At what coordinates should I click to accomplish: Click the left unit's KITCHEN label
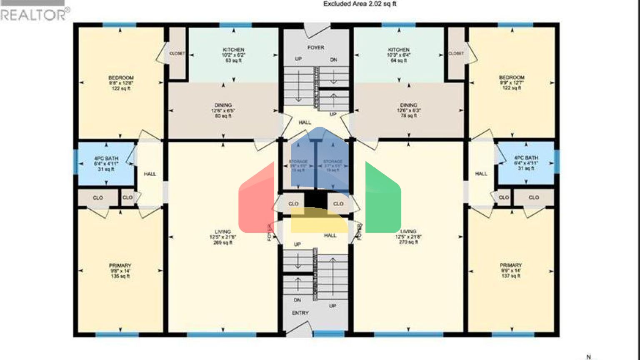click(x=233, y=50)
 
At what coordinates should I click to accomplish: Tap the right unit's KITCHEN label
click(x=399, y=50)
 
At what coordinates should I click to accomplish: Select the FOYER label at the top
click(x=316, y=47)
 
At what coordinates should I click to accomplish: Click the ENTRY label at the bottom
click(x=300, y=313)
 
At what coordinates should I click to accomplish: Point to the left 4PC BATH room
click(x=106, y=163)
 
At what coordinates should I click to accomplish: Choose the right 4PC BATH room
click(x=526, y=163)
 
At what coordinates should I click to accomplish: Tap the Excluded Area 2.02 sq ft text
click(x=360, y=4)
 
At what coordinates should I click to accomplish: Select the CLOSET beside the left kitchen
click(x=177, y=53)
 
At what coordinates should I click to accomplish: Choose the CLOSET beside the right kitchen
click(x=456, y=53)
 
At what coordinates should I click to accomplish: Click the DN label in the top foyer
click(x=333, y=60)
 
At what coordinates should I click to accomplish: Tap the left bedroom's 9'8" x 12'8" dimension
click(x=121, y=83)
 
